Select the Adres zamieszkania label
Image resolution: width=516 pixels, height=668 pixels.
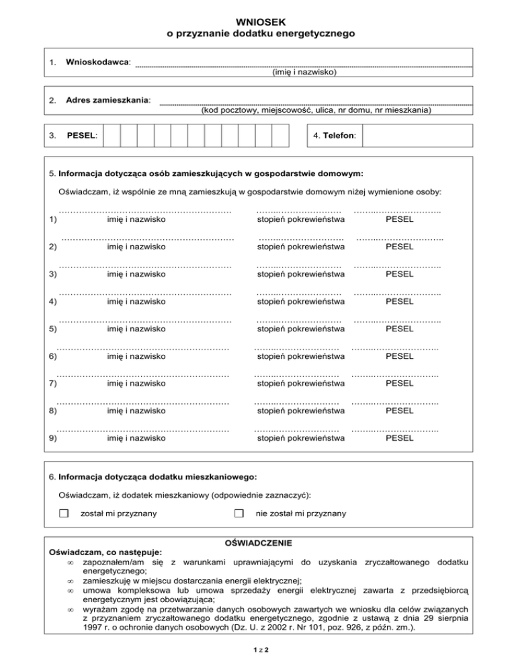coord(108,101)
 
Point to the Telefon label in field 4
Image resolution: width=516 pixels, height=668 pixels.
coord(336,136)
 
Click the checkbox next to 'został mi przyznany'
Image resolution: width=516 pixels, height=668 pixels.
coord(64,513)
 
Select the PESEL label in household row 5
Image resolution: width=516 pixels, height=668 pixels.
coord(398,329)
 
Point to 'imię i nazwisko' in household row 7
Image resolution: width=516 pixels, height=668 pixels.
coord(137,384)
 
